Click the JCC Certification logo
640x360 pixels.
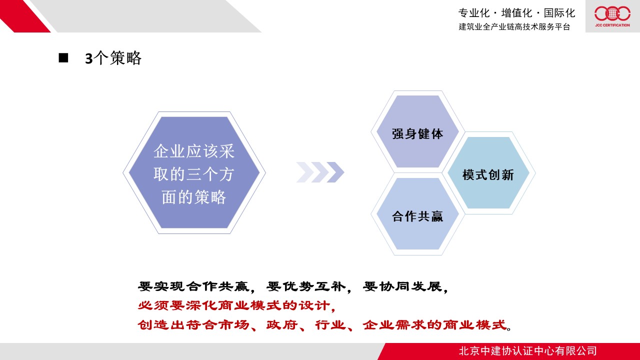(612, 16)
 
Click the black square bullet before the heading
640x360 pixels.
(63, 57)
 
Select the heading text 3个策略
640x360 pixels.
(113, 58)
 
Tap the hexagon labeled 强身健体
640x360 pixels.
(417, 131)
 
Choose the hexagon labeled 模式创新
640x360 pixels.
(488, 172)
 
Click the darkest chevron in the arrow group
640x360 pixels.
(335, 172)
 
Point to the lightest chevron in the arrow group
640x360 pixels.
(305, 172)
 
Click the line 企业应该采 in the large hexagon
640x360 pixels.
(194, 151)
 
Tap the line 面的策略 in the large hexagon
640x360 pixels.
(194, 197)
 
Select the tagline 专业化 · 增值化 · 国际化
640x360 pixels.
(516, 13)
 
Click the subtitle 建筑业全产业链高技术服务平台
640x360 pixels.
(514, 26)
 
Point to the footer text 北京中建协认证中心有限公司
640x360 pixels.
(527, 351)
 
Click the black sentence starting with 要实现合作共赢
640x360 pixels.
(293, 286)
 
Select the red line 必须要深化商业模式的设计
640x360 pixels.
(236, 305)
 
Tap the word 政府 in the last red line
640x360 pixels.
(282, 325)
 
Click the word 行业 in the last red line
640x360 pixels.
(330, 325)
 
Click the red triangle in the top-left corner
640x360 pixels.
(25, 16)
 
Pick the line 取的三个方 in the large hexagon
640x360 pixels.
(194, 174)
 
